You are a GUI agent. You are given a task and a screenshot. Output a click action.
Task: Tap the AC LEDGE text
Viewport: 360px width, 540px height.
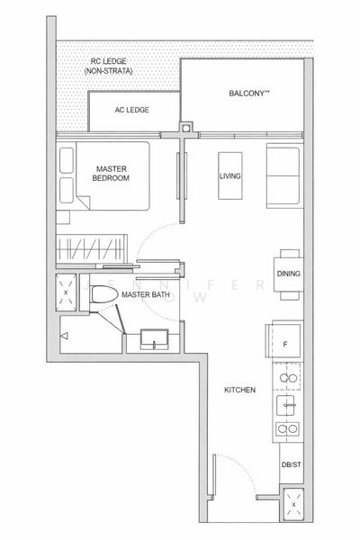point(132,110)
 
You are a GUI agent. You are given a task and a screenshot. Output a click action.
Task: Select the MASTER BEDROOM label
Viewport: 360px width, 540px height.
point(112,173)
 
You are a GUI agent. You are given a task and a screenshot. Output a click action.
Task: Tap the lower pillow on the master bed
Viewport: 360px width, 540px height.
point(67,189)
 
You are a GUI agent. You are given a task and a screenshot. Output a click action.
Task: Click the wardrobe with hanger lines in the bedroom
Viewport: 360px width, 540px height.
point(88,247)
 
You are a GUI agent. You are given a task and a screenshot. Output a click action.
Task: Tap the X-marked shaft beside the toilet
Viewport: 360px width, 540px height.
point(67,294)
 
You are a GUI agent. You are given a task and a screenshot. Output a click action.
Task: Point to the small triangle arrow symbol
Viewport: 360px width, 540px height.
point(63,337)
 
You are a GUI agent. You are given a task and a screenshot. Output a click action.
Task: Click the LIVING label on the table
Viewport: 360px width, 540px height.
point(230,176)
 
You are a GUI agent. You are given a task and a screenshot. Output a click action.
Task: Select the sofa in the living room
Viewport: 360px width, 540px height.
point(283,175)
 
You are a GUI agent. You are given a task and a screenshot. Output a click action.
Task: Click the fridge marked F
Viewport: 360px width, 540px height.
point(285,342)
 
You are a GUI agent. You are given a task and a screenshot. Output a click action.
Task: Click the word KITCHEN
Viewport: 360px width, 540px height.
point(240,390)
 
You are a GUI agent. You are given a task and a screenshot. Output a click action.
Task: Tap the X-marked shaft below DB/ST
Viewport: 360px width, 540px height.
point(292,504)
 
